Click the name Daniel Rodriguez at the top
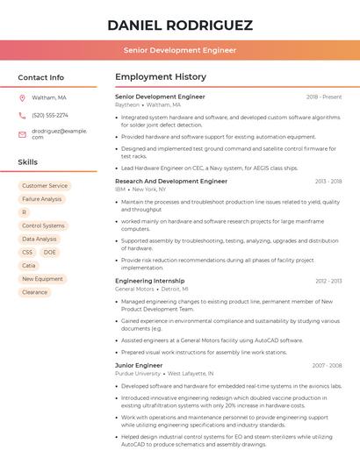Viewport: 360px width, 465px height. click(179, 25)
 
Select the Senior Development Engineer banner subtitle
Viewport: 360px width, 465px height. click(179, 50)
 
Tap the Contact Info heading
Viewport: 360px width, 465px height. click(41, 77)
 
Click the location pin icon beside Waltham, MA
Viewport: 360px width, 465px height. click(22, 98)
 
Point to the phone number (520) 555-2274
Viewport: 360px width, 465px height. click(50, 115)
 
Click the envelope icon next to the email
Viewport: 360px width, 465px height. click(22, 133)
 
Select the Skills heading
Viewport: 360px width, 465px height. click(28, 162)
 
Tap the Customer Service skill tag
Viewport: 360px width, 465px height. click(45, 186)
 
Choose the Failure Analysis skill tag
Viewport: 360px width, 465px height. click(42, 199)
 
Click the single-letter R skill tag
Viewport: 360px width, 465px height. click(24, 212)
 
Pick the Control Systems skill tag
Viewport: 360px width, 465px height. click(43, 225)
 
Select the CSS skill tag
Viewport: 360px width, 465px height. click(27, 252)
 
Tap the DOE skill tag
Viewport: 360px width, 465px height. click(49, 252)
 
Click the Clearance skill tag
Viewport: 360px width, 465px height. click(35, 292)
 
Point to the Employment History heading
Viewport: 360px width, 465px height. click(161, 77)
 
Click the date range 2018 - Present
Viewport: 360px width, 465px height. click(324, 97)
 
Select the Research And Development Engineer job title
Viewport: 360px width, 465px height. click(171, 181)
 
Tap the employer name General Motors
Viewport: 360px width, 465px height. click(134, 289)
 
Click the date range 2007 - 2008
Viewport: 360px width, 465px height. click(327, 365)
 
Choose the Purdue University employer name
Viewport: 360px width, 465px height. click(138, 373)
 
